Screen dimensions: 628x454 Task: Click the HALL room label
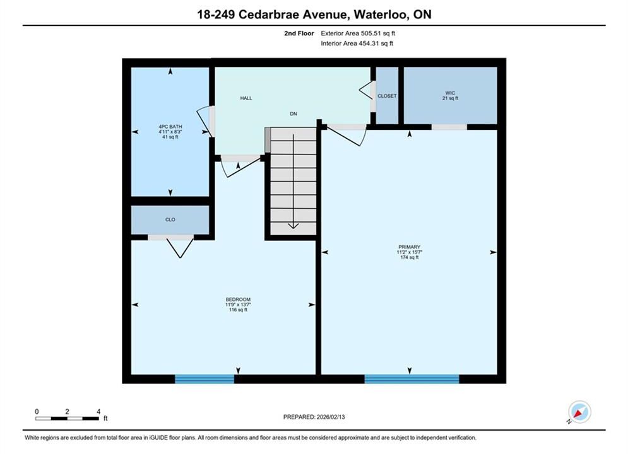coord(246,98)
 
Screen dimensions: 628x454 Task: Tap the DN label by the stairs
coord(293,113)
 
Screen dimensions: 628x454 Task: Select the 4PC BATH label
coord(170,126)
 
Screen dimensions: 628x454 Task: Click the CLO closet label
coord(170,219)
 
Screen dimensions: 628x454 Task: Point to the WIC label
coord(450,93)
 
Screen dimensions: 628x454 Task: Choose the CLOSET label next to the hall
coord(387,96)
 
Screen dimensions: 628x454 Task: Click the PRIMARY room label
coord(410,247)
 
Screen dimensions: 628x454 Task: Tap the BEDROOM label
coord(238,300)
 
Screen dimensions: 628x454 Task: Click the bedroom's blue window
coord(204,379)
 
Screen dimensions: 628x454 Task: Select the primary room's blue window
coord(412,379)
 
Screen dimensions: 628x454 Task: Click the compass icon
coord(579,412)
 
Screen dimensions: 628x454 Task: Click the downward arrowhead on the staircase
coord(293,226)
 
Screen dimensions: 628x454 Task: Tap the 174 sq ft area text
coord(410,258)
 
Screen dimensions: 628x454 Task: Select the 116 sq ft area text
coord(238,310)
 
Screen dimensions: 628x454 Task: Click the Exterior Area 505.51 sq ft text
coord(358,33)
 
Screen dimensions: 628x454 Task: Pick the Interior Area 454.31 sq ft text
coord(357,44)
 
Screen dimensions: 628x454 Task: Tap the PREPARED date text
coord(314,417)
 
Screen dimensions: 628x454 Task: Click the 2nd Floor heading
coord(299,33)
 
